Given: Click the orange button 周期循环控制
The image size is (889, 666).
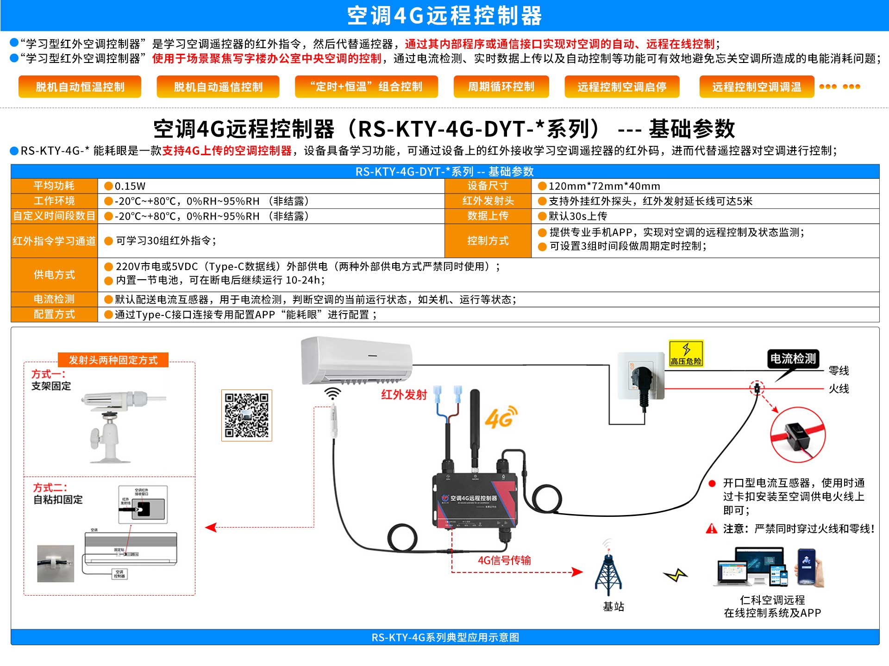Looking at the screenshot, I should [x=501, y=87].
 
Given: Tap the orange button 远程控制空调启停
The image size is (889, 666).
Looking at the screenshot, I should [x=621, y=87].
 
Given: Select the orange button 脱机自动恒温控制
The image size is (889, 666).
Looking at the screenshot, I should [x=80, y=87].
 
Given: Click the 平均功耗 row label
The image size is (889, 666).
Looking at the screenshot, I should [x=54, y=186].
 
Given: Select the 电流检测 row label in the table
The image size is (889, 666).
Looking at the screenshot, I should [x=54, y=299].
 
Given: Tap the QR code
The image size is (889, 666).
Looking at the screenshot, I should [x=246, y=415].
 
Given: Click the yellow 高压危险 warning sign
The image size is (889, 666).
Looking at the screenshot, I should [x=686, y=353].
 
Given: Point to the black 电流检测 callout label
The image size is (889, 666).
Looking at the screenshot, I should [x=793, y=358].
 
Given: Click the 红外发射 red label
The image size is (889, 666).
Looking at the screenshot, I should [x=404, y=395].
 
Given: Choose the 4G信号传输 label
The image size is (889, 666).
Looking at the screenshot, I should [x=504, y=560].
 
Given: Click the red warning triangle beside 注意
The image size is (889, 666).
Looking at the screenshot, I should [x=711, y=528].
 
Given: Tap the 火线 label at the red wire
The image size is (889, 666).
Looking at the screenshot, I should [x=839, y=389].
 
